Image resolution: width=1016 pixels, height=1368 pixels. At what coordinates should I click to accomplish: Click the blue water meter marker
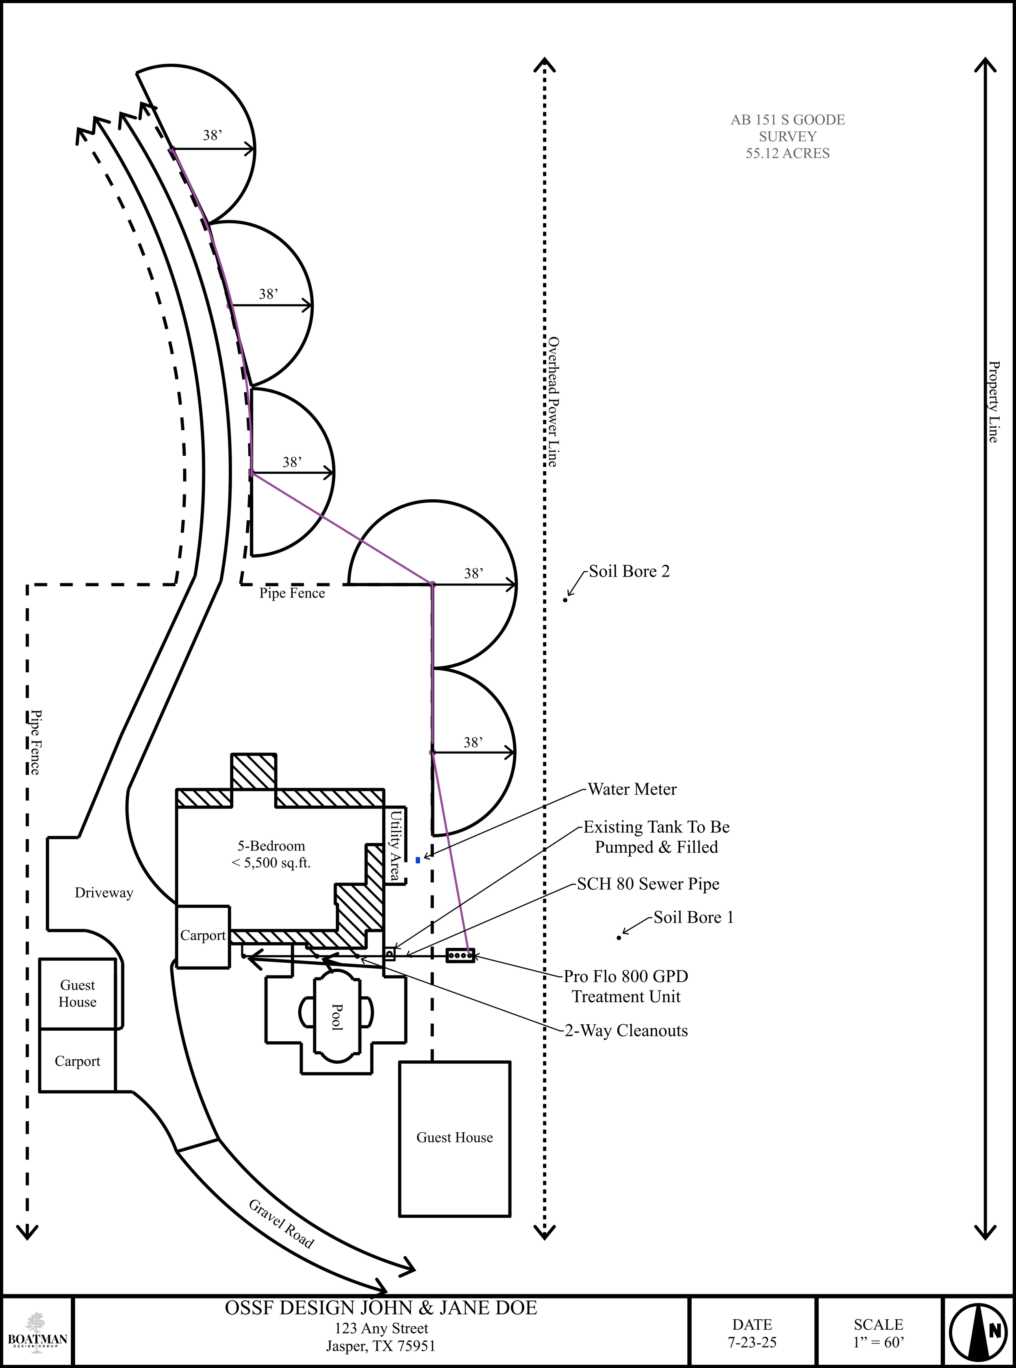point(418,860)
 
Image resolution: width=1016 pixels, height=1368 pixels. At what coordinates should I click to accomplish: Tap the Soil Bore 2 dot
point(565,599)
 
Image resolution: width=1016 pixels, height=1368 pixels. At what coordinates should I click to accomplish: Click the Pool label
point(337,1017)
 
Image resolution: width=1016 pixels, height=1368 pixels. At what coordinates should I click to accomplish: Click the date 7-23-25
point(752,1342)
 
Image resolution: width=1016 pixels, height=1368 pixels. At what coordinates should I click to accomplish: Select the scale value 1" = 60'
point(878,1342)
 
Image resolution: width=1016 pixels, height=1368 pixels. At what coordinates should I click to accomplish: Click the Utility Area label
point(395,846)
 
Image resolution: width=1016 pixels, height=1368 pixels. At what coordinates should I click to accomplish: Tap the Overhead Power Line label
point(553,401)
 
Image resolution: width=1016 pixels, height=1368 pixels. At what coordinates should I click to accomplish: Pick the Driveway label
point(104,893)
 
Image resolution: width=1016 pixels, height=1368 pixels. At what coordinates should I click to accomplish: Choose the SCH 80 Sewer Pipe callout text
point(648,884)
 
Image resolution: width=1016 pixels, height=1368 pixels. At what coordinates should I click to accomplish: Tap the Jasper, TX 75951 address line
point(381,1346)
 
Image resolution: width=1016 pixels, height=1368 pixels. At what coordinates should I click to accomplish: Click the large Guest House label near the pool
point(454,1138)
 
